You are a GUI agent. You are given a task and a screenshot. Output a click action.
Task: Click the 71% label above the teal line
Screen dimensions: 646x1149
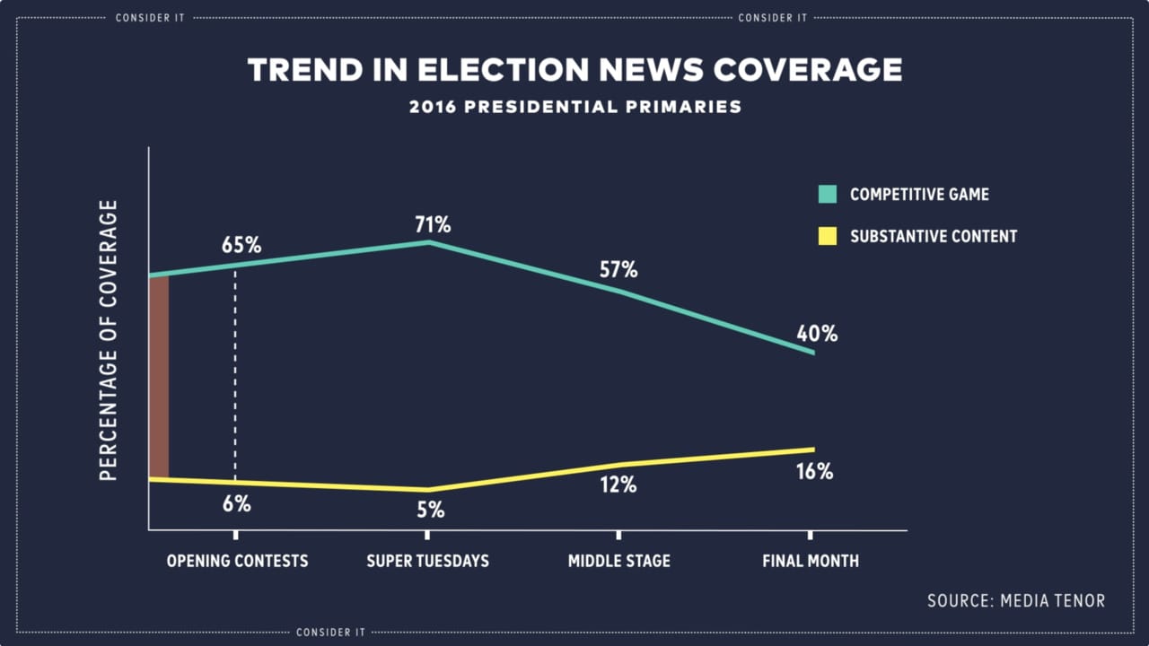point(432,223)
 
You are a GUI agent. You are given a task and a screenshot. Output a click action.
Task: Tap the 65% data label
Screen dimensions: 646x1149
point(241,244)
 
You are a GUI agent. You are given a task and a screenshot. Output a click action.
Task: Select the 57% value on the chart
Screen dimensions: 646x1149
point(618,269)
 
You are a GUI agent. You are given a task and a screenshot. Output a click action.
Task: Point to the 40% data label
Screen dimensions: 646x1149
point(817,334)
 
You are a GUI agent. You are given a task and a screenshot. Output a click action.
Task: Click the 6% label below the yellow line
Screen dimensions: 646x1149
point(236,503)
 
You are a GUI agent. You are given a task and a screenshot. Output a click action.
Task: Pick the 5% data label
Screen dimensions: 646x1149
point(430,510)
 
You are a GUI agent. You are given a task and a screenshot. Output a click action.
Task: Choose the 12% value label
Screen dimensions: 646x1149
point(618,484)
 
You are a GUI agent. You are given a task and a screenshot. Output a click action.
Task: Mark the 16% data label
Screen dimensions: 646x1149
point(814,471)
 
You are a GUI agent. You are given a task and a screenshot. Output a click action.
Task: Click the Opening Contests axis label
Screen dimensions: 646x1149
point(237,561)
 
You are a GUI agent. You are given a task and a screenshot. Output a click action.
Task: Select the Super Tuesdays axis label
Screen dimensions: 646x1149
point(427,561)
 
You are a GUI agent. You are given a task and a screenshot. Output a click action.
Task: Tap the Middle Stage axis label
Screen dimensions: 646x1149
point(618,561)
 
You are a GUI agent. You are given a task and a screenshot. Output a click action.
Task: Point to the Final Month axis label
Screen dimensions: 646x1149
point(811,561)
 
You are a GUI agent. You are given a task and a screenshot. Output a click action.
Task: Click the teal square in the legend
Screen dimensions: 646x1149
point(828,194)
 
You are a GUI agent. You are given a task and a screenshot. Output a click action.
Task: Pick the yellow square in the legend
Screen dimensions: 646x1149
point(828,236)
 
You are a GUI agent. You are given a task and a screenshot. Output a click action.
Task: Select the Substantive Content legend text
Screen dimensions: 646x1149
point(934,237)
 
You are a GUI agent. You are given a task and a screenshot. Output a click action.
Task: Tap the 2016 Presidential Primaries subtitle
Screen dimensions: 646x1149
point(575,107)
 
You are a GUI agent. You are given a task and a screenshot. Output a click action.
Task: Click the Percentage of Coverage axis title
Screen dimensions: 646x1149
point(109,340)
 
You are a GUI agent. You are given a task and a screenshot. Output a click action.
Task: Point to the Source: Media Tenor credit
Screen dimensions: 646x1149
point(1016,600)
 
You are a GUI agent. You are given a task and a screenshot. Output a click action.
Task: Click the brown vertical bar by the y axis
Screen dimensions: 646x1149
point(159,377)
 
